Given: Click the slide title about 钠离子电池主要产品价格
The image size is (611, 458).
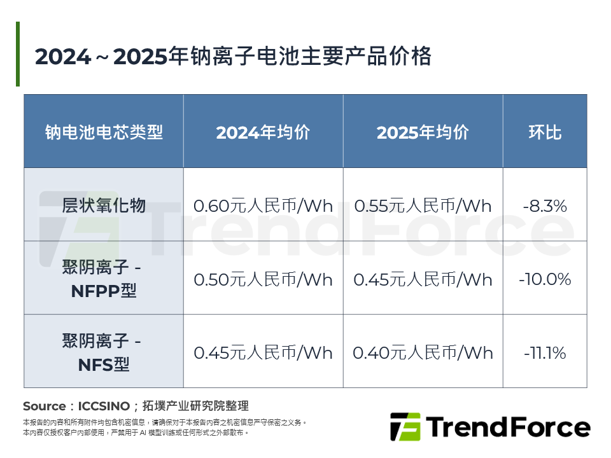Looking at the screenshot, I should point(233,57).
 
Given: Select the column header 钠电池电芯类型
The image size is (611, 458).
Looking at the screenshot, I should point(104,132).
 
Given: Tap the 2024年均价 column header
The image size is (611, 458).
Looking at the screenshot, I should point(263,132).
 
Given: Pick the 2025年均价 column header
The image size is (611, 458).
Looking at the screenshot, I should point(423,132).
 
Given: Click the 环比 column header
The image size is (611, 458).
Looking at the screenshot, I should point(545,132).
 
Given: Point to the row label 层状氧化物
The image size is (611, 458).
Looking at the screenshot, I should point(104,205).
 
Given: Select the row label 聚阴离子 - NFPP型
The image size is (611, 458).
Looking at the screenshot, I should point(104,279).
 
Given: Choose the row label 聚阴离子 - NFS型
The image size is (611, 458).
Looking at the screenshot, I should point(104,352).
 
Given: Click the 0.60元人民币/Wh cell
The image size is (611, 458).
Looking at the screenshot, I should point(263,206).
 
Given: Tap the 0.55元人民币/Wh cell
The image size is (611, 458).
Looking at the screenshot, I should point(423,206).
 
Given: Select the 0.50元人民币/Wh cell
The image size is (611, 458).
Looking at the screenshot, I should point(263,279).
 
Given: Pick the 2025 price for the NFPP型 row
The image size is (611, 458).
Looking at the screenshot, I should point(423,279).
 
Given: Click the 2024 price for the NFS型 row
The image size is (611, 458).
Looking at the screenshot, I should point(263,352).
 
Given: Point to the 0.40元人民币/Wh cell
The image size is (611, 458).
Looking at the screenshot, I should point(423,352).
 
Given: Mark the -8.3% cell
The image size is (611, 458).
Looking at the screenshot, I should point(545,206).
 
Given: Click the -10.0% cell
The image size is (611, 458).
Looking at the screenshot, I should point(545,279).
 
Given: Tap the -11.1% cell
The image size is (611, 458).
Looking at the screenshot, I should point(545,352).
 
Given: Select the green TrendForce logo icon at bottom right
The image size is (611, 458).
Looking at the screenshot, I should point(405,427).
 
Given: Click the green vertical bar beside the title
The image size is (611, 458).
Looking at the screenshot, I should point(18,54).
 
